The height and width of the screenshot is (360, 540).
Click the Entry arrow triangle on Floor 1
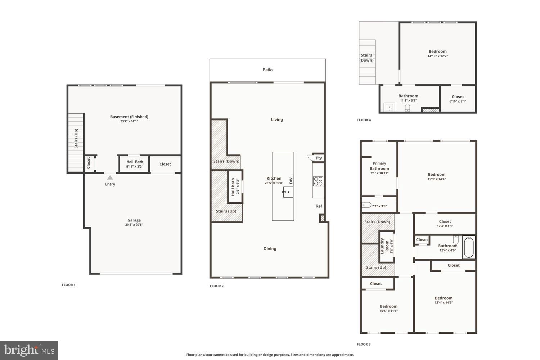click(x=110, y=177)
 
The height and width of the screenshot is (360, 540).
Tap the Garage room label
click(x=134, y=220)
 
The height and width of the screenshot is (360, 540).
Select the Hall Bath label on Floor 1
click(x=134, y=162)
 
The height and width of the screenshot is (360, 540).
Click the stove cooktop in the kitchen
click(x=318, y=181)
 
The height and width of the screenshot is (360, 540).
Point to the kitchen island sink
click(x=287, y=192)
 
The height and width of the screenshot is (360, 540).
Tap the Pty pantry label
click(x=319, y=158)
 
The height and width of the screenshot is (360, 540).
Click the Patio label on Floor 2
click(x=267, y=70)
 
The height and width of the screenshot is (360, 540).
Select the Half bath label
click(x=233, y=187)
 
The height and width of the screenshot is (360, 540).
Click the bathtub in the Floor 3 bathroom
click(x=468, y=247)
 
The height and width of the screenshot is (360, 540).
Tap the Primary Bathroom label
click(x=379, y=166)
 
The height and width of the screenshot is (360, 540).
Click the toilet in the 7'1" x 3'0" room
click(x=366, y=205)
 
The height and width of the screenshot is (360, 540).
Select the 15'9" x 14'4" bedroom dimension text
click(x=436, y=179)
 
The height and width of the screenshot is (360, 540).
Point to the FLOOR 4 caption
click(x=364, y=120)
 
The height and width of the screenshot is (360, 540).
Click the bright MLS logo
click(x=29, y=350)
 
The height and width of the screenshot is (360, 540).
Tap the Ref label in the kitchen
click(x=319, y=206)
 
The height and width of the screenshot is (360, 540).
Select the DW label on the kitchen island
click(x=291, y=180)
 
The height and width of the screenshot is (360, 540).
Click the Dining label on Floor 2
click(x=270, y=249)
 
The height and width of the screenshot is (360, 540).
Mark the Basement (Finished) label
click(x=129, y=117)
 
